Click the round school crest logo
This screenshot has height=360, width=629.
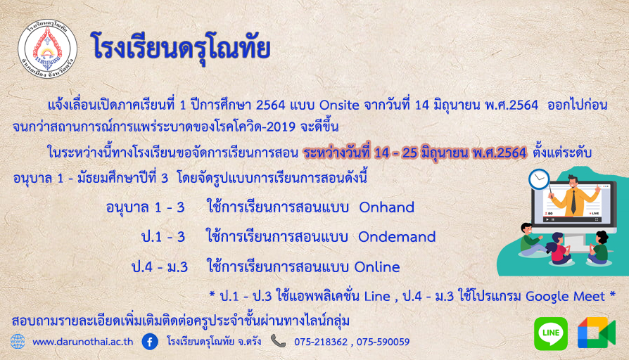pos(47,49)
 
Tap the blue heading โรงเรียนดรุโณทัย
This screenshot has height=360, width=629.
pos(180,48)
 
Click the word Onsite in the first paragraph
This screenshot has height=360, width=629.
pos(339,105)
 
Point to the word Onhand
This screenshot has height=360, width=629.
pos(387,207)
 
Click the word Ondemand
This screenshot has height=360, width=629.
pos(397,237)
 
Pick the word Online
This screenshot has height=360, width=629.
pos(377,267)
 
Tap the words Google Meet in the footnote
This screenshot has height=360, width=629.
pos(565,297)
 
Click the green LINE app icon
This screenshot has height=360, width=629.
pos(551,333)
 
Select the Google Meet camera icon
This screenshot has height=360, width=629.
pos(597,333)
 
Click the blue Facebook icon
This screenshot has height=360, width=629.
pos(150,342)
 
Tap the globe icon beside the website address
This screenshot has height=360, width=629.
pos(18,342)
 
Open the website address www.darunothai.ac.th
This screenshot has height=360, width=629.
pos(82,342)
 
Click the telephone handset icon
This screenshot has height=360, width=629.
pos(278,341)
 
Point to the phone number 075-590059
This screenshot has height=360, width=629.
pos(383,342)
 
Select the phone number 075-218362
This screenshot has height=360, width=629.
pos(321,342)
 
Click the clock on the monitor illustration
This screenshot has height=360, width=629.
pos(539,179)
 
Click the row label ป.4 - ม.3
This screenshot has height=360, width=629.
pos(160,267)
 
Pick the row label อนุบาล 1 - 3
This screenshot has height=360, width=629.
pos(145,207)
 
